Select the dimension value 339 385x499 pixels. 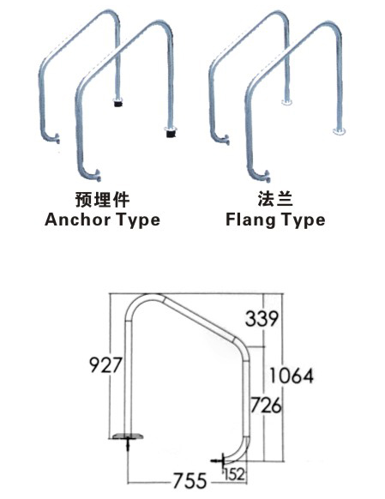tap(262, 319)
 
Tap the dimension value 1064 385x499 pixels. tap(290, 375)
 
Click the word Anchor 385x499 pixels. tap(73, 219)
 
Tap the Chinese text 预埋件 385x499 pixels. tap(102, 199)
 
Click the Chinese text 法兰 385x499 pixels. tap(275, 199)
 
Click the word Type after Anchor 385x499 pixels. tap(133, 220)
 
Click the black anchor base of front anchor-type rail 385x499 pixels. tap(171, 132)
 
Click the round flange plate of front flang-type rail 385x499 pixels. tap(340, 131)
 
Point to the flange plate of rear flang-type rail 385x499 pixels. tap(286, 104)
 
